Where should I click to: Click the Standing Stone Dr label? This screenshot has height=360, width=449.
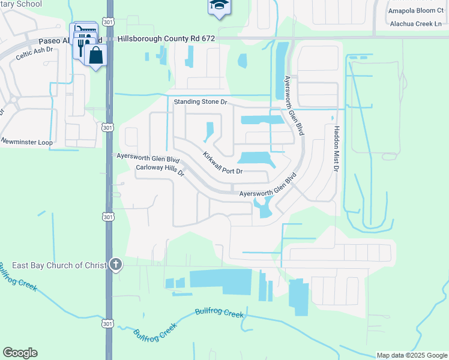201,102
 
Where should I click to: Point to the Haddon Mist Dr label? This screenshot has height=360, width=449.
337,147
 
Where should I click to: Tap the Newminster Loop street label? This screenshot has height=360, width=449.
26,142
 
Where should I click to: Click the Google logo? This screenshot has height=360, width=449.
20,353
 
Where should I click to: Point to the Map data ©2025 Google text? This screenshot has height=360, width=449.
411,355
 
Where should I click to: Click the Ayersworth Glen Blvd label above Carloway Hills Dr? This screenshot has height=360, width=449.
148,158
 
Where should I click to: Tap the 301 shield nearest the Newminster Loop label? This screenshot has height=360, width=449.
107,127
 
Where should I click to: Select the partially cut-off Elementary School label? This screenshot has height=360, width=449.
21,4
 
